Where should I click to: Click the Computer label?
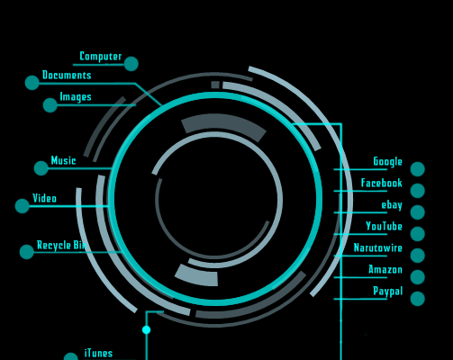(101, 57)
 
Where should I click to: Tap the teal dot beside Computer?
(131, 64)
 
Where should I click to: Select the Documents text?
(67, 75)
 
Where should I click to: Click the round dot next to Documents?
(32, 83)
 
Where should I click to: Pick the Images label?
(76, 97)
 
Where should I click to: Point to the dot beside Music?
(41, 168)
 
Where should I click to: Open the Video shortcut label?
(44, 198)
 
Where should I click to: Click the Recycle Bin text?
(62, 245)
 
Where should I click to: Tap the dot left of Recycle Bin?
(27, 252)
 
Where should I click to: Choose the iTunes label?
(98, 353)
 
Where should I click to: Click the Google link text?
(387, 162)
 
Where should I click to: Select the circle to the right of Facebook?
(418, 191)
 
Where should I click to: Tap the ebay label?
(392, 205)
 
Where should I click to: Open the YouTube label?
(384, 226)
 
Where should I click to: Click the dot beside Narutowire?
(418, 256)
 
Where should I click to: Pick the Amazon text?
(385, 270)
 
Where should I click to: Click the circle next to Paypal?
(418, 299)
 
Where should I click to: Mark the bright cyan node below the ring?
(146, 330)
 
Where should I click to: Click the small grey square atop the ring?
(215, 85)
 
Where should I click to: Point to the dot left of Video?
(23, 206)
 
